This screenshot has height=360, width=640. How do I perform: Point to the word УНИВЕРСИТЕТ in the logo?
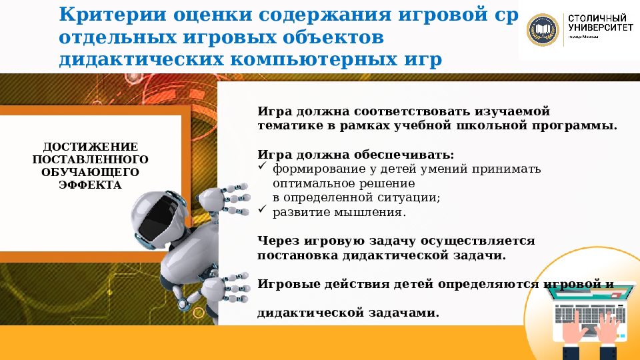597,28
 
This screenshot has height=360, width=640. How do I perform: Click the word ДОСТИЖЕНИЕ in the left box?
91,147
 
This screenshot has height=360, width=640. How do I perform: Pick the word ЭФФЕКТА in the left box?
91,185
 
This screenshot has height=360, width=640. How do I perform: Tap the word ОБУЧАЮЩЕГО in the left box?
91,172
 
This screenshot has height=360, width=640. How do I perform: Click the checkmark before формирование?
262,168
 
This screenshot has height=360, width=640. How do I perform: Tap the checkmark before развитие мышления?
262,211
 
